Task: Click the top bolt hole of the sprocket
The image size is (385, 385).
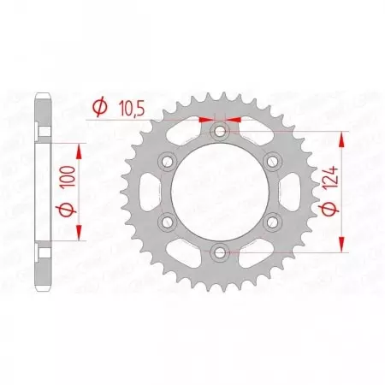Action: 221,131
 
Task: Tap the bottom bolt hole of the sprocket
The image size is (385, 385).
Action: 221,252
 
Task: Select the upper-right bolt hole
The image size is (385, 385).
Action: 273,161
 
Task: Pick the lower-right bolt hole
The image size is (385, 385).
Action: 273,222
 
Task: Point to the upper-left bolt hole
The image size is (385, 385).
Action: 169,161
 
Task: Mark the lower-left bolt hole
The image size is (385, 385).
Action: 169,222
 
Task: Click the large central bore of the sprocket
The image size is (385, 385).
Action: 221,192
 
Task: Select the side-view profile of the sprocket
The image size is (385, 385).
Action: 43,192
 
